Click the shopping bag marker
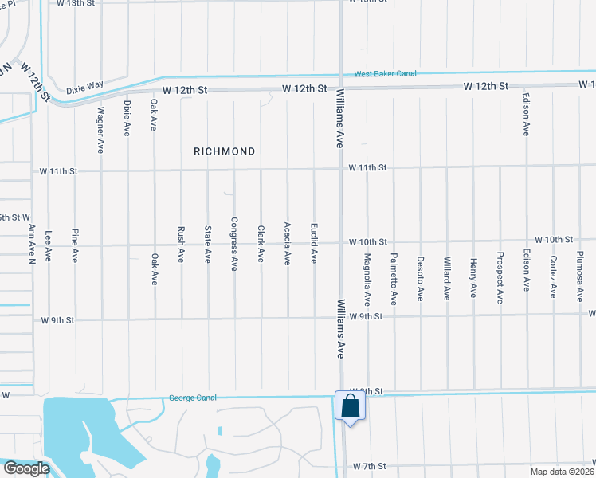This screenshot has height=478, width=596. pyautogui.click(x=350, y=406)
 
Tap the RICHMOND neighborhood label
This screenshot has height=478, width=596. pyautogui.click(x=224, y=151)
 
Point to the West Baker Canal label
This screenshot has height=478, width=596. pyautogui.click(x=386, y=74)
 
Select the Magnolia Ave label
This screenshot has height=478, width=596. pyautogui.click(x=367, y=280)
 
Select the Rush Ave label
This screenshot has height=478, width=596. pyautogui.click(x=181, y=245)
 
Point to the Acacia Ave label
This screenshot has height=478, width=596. pyautogui.click(x=287, y=244)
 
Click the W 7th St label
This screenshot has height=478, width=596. pyautogui.click(x=370, y=465)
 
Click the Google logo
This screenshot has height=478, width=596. pyautogui.click(x=25, y=469)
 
